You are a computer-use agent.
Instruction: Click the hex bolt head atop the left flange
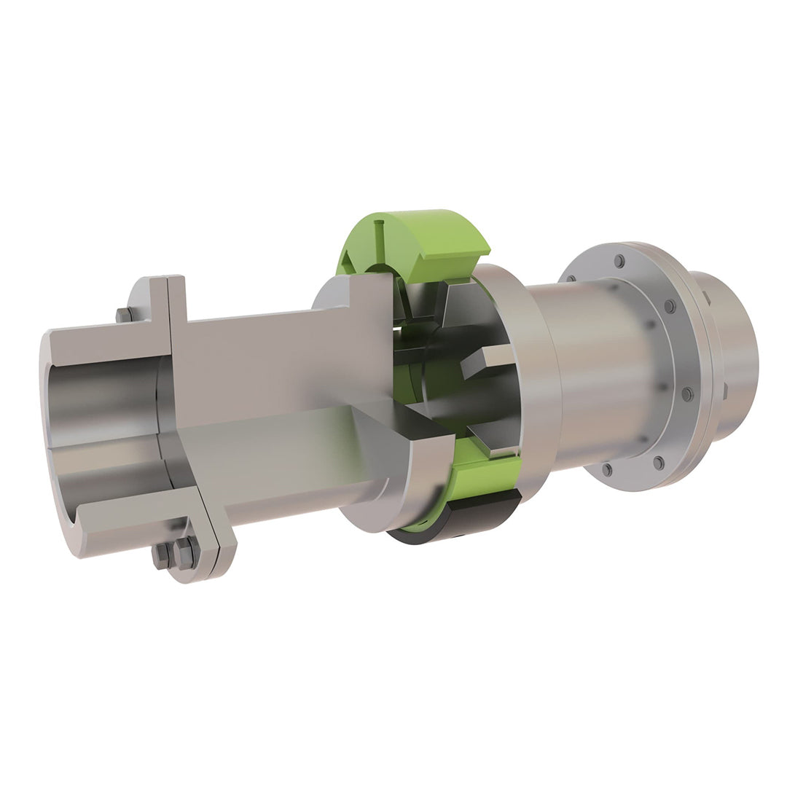click(125, 315)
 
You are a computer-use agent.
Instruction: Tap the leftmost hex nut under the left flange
click(161, 557)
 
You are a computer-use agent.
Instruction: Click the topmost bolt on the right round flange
click(619, 261)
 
